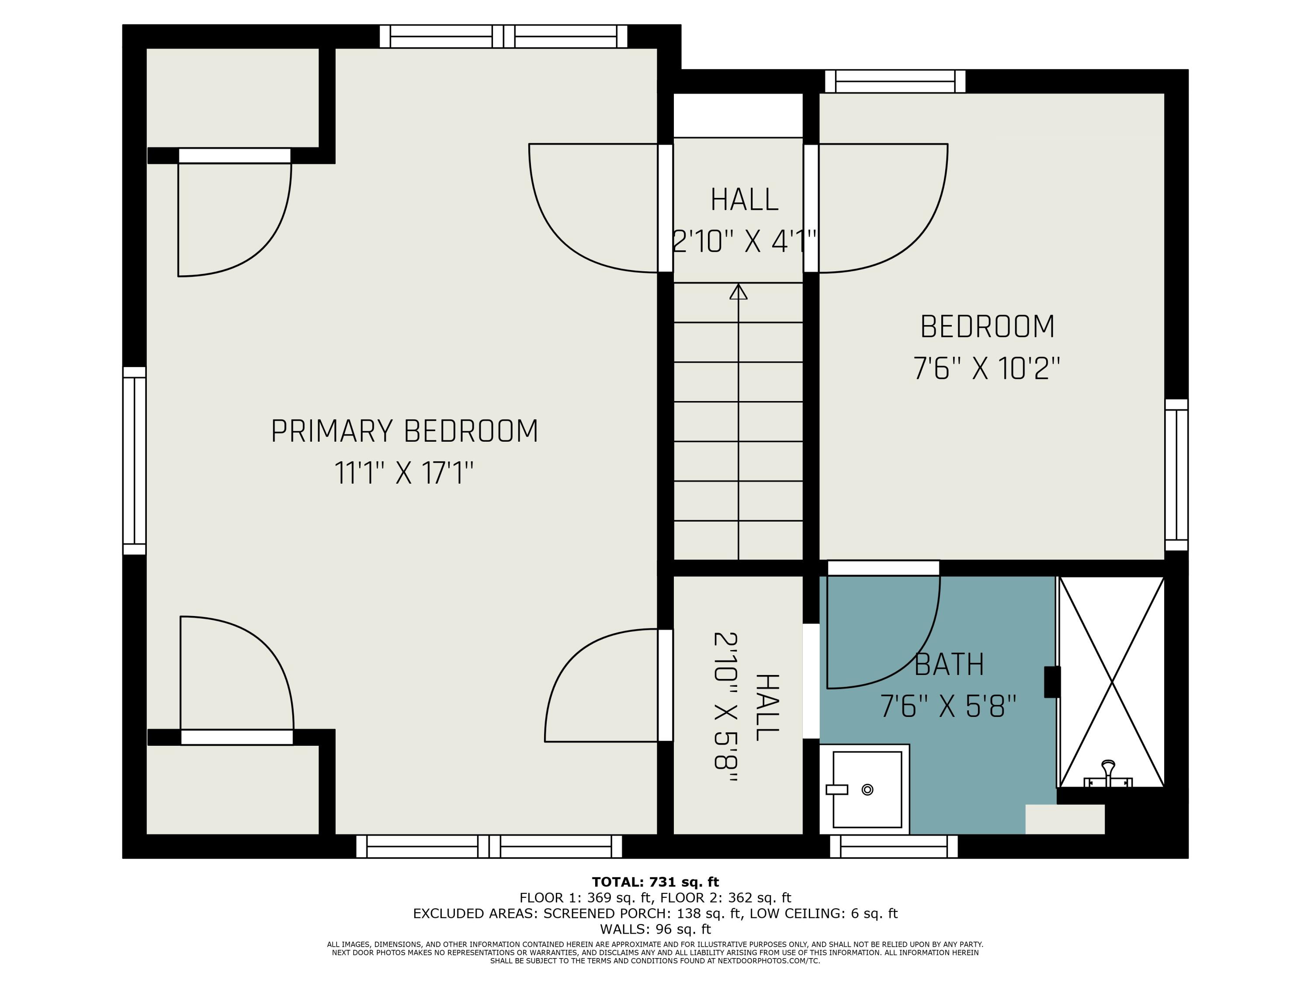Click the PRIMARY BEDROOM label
coord(404,431)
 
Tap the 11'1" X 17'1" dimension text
coord(404,474)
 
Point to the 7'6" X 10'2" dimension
coord(986,369)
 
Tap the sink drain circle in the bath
coord(867,789)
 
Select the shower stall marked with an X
coord(1112,682)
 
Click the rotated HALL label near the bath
coord(766,707)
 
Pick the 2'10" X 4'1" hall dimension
coord(744,242)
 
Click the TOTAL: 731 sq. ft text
coord(655,882)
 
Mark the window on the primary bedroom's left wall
coord(135,460)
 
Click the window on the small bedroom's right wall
coord(1176,475)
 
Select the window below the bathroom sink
coord(894,846)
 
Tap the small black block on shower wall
coord(1052,682)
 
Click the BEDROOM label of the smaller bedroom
coord(987,327)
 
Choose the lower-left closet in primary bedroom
coord(232,789)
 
